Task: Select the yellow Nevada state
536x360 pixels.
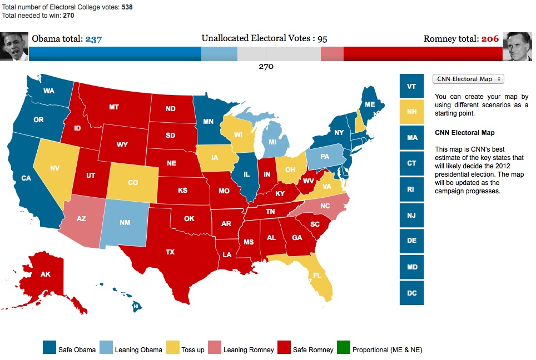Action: point(55,167)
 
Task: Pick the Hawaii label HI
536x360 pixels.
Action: point(135,306)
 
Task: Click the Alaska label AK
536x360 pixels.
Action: point(44,274)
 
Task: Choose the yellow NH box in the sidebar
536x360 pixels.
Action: point(411,111)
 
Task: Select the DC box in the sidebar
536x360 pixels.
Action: point(411,293)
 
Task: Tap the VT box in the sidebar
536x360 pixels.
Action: point(411,86)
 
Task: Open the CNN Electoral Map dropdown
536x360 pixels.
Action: point(468,79)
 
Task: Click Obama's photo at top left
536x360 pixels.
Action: point(14,46)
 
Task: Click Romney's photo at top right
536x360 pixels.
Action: point(517,46)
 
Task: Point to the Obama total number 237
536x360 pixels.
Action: point(93,39)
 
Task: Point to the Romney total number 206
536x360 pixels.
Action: point(490,39)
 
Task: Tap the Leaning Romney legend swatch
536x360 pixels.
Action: point(214,348)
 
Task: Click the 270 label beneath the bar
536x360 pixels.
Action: point(266,67)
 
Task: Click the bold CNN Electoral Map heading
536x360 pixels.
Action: point(464,133)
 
